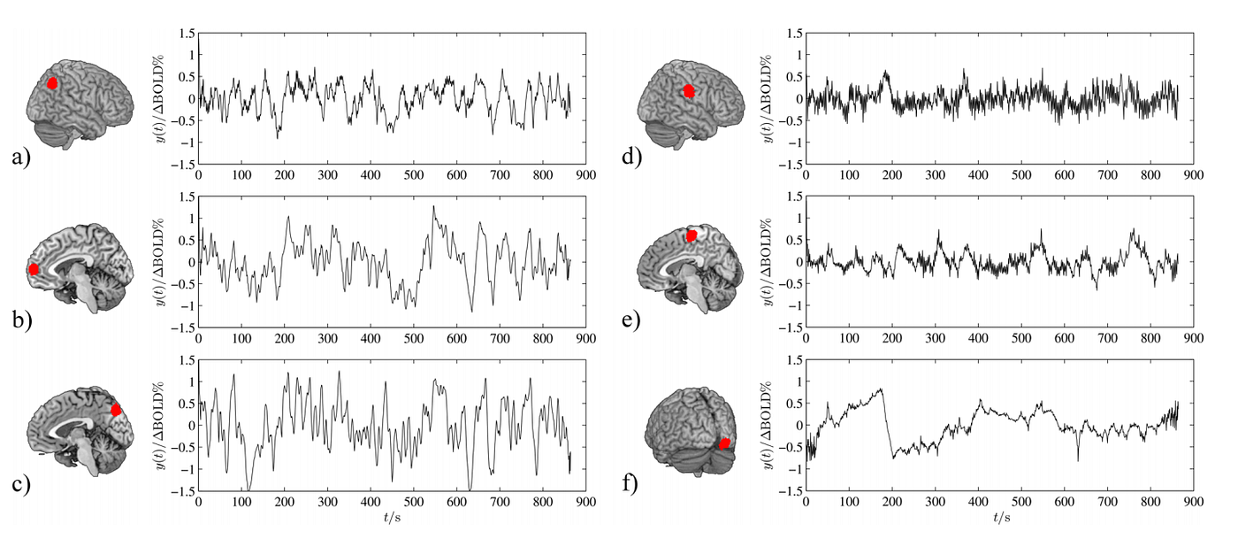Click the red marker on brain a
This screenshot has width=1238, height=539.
tap(52, 82)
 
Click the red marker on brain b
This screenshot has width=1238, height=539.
tap(34, 269)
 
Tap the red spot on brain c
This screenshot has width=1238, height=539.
tap(116, 410)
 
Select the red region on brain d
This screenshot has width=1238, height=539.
tap(690, 90)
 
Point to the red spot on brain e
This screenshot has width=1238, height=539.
tap(692, 235)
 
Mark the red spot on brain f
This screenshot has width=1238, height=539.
tap(724, 443)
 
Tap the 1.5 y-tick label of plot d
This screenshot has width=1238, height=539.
tap(790, 34)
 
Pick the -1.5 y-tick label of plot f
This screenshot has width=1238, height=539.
tap(786, 489)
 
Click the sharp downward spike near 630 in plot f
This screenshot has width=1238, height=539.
tap(1078, 459)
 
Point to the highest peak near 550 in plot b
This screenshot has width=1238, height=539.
tap(433, 207)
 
